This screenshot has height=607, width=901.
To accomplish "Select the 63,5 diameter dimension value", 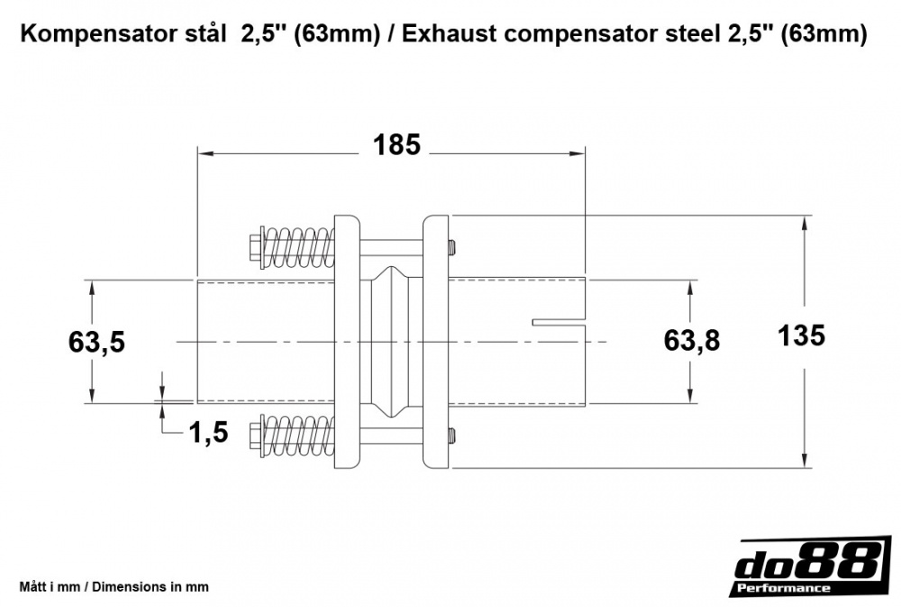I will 96,342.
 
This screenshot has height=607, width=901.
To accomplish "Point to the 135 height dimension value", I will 801,336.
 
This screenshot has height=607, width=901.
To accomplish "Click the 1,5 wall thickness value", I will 209,434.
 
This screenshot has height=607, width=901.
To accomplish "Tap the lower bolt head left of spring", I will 253,437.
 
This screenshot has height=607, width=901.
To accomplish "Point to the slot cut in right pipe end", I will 559,322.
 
